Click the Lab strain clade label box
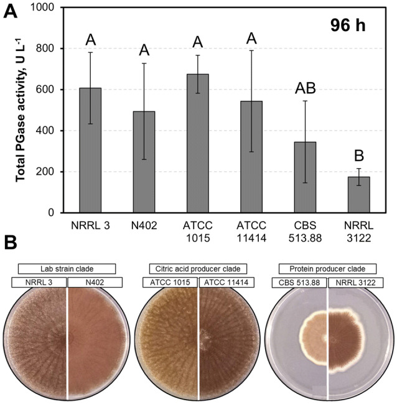[x=67, y=269]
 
